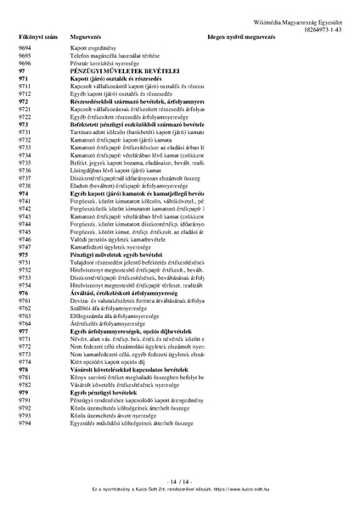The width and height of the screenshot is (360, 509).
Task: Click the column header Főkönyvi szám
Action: [37, 38]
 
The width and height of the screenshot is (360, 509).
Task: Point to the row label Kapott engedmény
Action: [94, 50]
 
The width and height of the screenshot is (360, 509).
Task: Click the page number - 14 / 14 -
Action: [180, 481]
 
